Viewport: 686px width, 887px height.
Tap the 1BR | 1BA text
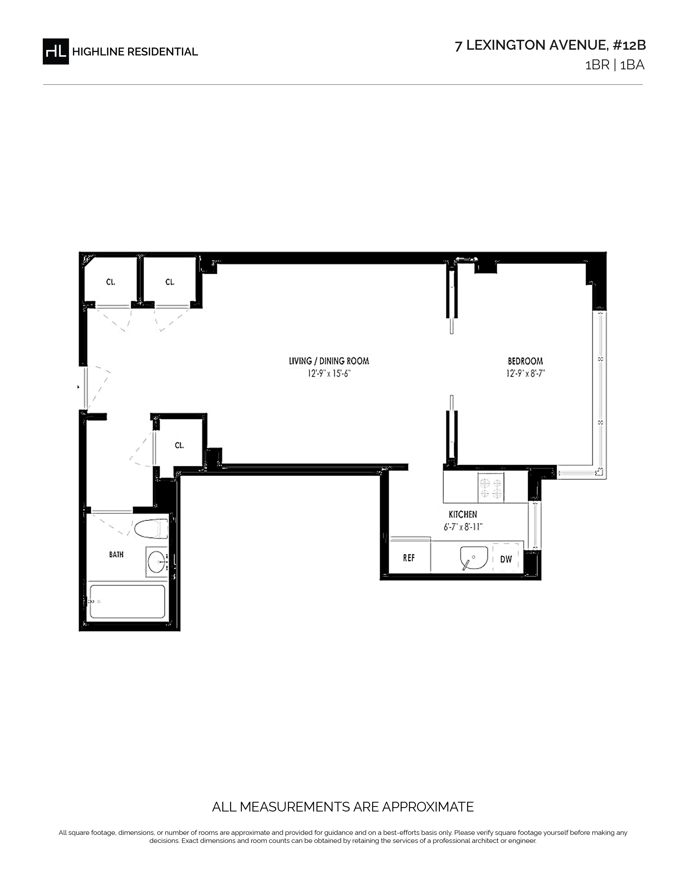pyautogui.click(x=614, y=65)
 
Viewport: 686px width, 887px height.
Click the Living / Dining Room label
pyautogui.click(x=329, y=361)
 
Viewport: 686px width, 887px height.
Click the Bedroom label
pyautogui.click(x=525, y=361)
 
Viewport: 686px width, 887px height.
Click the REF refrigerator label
pyautogui.click(x=409, y=558)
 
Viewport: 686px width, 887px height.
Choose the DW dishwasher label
pyautogui.click(x=506, y=559)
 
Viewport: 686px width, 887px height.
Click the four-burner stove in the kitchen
pyautogui.click(x=491, y=488)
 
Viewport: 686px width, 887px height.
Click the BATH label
pyautogui.click(x=116, y=554)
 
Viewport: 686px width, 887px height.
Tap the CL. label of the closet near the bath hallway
pyautogui.click(x=179, y=446)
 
